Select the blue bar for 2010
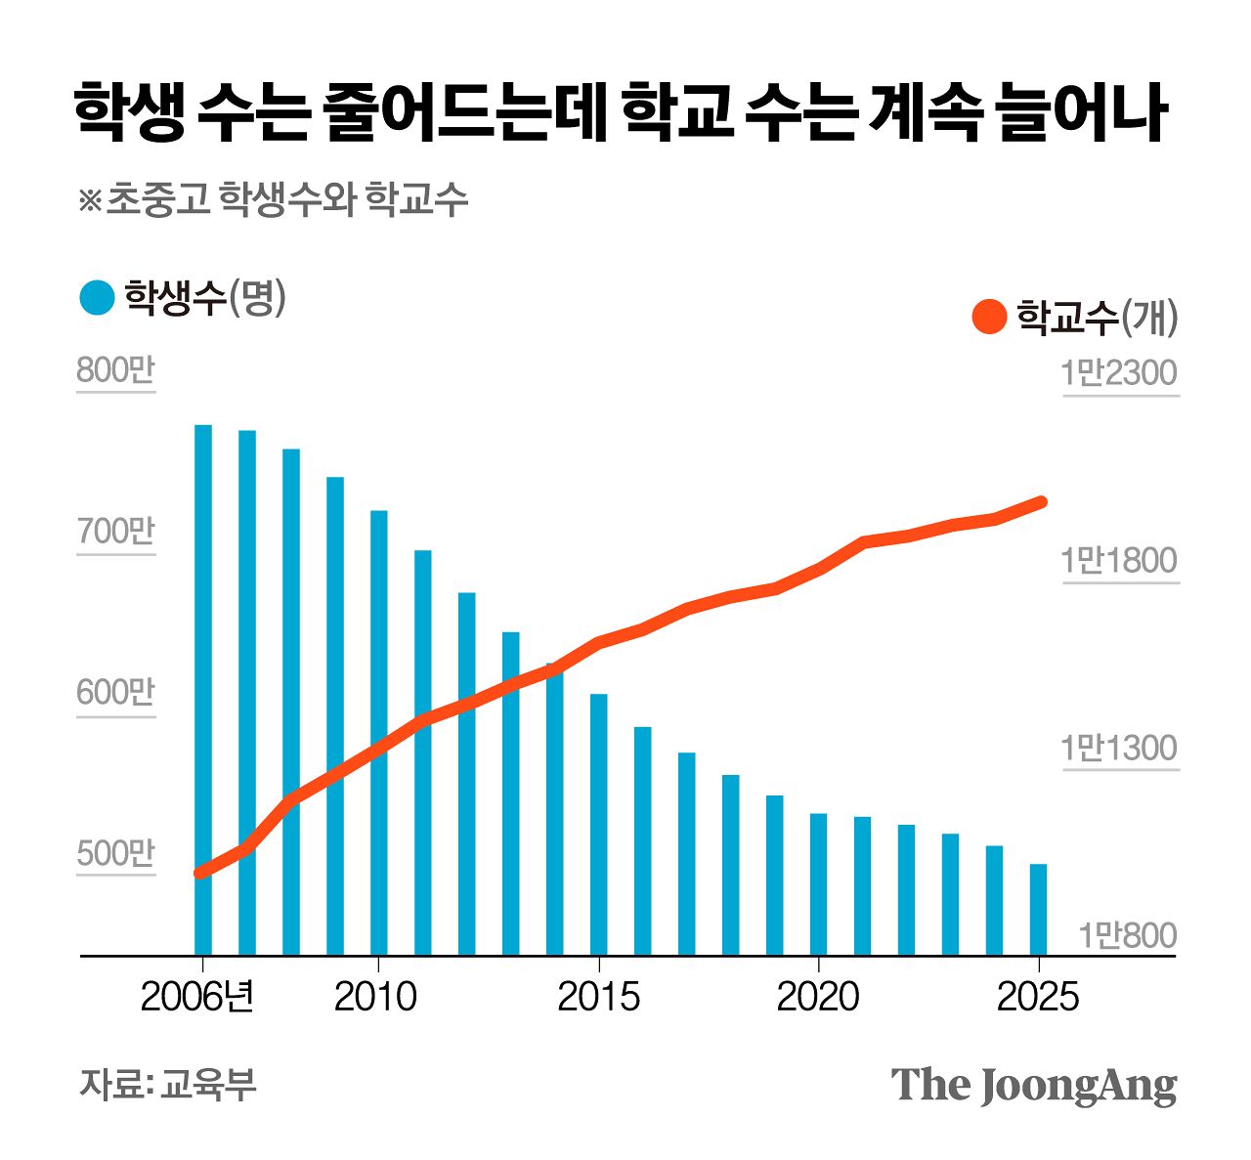coord(379,733)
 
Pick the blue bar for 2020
coord(819,883)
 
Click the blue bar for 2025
coord(1039,909)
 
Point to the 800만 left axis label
coord(115,371)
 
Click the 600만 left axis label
coord(115,693)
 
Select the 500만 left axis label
coord(115,853)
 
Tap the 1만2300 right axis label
coord(1119,373)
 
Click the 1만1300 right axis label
coord(1119,749)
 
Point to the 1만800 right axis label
coord(1127,936)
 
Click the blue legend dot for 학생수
coord(98,298)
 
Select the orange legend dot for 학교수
coord(989,317)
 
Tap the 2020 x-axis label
coord(818,997)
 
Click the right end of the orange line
coord(1041,502)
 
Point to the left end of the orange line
coord(200,872)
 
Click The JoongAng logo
coord(1033,1086)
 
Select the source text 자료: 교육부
coord(167,1084)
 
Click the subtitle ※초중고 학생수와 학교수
coord(273,199)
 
